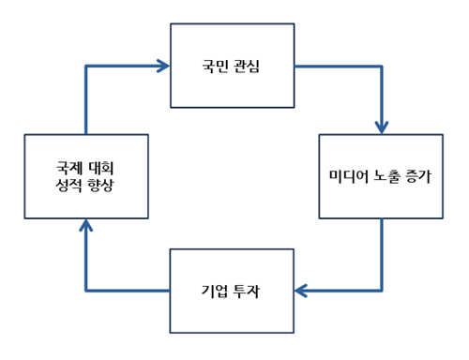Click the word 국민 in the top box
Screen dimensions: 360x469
[x=216, y=67]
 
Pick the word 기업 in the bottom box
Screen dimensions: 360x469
[x=216, y=291]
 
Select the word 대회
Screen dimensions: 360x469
[x=101, y=168]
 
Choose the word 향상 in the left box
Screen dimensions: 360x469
[x=101, y=186]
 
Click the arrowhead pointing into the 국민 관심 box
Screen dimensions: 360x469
[x=164, y=66]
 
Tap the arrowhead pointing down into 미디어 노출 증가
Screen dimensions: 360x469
[x=381, y=127]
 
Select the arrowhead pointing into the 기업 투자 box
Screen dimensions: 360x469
[x=301, y=291]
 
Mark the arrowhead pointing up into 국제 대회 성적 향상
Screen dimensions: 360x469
[x=86, y=225]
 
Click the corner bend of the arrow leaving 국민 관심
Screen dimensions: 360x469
[x=381, y=67]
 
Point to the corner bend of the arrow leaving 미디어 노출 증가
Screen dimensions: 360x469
[x=381, y=291]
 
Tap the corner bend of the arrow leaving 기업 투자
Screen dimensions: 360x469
[x=86, y=291]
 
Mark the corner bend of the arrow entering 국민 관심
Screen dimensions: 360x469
[x=86, y=66]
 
